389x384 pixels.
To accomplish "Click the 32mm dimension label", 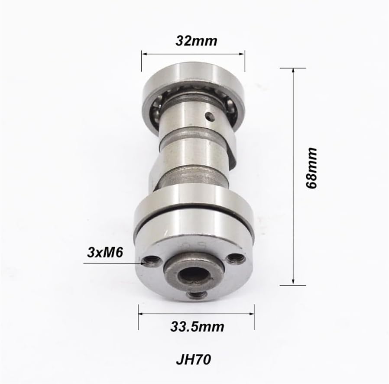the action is pos(196,41).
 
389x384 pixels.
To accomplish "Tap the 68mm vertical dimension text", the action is pos(311,168).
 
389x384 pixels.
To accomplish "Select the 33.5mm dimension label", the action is pos(197,327).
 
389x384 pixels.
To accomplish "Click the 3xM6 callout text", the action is pos(105,253).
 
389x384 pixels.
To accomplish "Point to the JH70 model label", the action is pos(194,359).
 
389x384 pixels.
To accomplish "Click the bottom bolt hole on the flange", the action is pos(197,296).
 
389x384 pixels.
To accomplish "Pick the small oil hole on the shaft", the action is pos(210,117).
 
